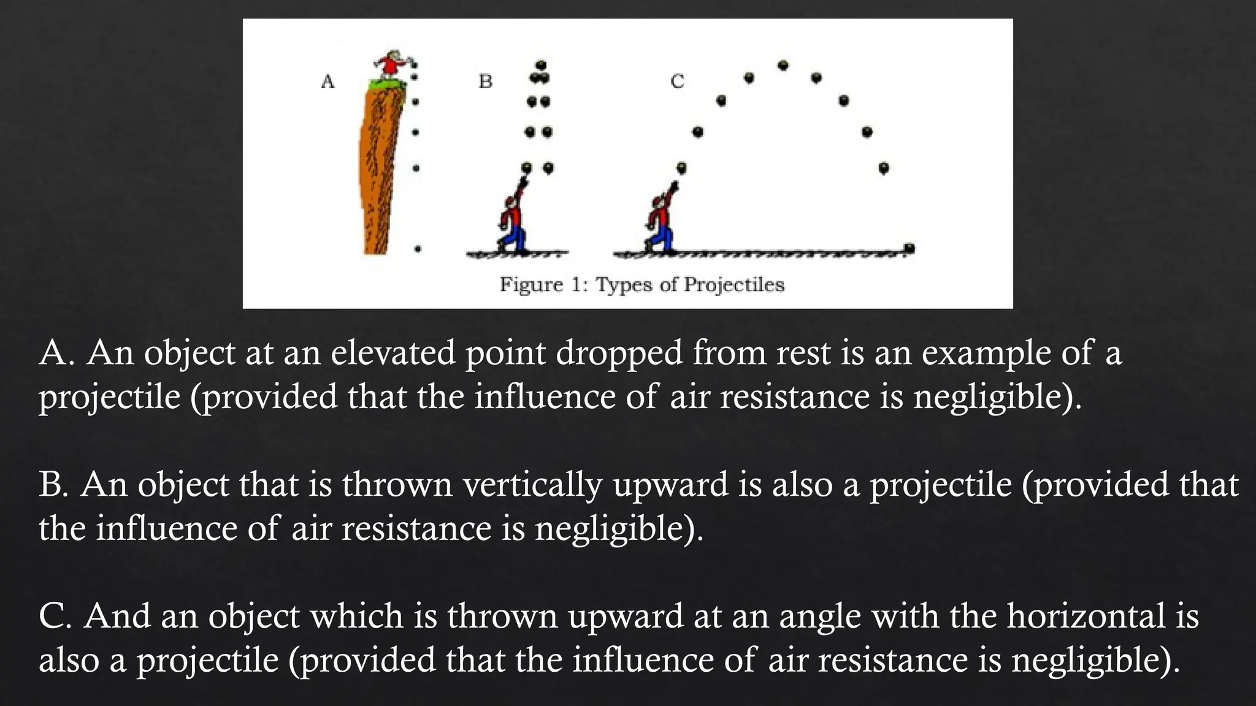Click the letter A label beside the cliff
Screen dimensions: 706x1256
pos(327,82)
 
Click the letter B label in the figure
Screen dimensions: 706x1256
pos(485,82)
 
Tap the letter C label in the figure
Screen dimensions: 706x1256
pos(677,82)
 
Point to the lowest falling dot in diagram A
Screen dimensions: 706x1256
pos(418,249)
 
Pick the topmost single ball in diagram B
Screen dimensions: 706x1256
pos(541,65)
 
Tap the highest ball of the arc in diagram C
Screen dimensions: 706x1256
pos(783,65)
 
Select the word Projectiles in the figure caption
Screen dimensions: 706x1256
pos(733,285)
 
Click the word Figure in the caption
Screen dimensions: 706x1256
pos(531,285)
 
